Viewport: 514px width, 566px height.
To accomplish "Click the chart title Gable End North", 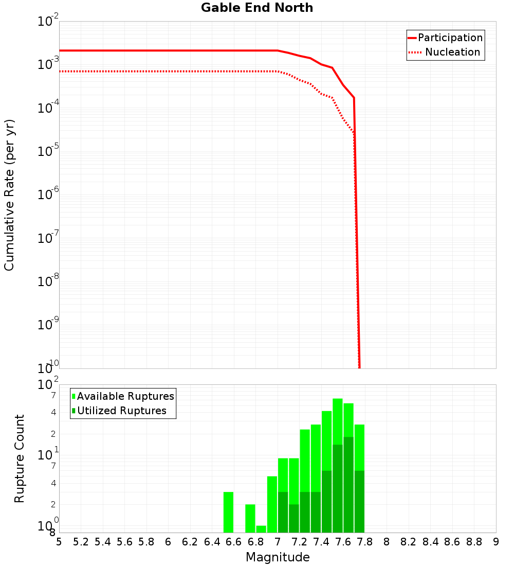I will [257, 8].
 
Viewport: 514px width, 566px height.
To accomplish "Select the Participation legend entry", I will [450, 38].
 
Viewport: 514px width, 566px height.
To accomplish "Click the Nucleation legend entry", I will [452, 52].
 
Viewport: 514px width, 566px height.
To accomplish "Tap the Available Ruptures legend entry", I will [125, 397].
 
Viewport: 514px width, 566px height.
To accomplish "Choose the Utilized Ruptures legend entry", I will [121, 411].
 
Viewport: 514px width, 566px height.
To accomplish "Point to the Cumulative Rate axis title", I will [9, 195].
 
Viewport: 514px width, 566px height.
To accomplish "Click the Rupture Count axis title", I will [20, 458].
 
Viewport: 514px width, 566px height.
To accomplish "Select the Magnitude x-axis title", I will [278, 557].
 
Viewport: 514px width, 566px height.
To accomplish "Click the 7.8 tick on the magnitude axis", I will [365, 542].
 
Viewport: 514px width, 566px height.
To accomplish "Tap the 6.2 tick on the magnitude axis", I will [190, 542].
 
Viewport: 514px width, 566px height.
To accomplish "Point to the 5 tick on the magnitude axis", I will [59, 542].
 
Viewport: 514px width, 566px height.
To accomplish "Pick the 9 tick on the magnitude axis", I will [496, 542].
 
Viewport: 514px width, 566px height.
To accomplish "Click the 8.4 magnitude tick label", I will [431, 542].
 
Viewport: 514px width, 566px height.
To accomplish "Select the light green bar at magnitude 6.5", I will [229, 512].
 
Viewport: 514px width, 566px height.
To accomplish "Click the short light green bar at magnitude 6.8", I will [261, 529].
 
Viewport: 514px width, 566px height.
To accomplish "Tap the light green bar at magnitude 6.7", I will [250, 518].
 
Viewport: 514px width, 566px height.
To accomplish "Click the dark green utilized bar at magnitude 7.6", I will [348, 484].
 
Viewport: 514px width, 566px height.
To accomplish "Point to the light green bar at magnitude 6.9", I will [272, 504].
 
